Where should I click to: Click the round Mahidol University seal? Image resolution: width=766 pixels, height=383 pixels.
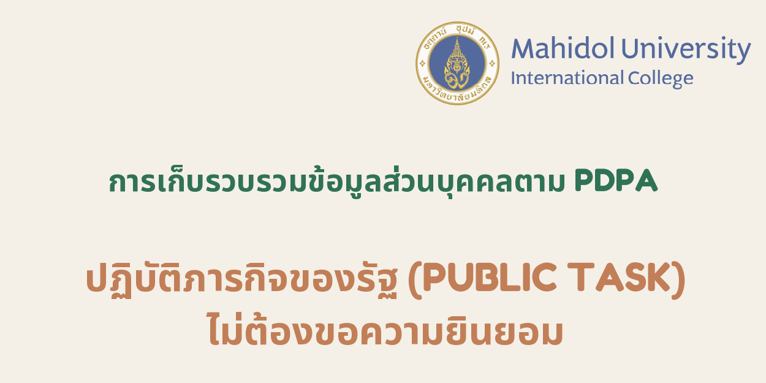pyautogui.click(x=457, y=63)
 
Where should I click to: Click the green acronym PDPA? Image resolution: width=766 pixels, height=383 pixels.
pyautogui.click(x=616, y=181)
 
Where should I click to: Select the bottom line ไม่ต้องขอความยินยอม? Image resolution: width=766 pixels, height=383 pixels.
pyautogui.click(x=385, y=332)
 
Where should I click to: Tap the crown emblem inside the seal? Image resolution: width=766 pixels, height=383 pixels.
pyautogui.click(x=457, y=61)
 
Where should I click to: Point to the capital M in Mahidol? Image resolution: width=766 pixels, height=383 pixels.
pyautogui.click(x=522, y=50)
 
